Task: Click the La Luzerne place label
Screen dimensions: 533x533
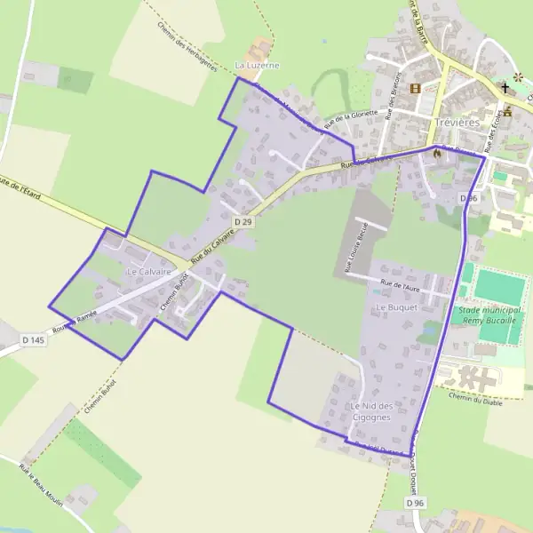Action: coord(257,66)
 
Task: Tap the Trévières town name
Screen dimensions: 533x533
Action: coord(457,122)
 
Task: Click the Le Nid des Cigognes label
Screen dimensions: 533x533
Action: coord(371,410)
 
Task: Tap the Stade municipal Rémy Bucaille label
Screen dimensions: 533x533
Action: coord(490,314)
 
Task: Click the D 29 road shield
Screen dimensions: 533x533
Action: coord(244,220)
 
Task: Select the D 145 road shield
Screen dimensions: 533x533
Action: coord(33,340)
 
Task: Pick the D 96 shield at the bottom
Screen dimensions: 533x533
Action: coord(415,503)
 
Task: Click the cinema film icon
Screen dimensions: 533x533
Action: coord(415,88)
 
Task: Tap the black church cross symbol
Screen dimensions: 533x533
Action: coord(505,87)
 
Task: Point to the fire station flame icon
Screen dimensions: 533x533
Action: coord(437,154)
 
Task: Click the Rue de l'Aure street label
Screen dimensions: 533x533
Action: coord(399,286)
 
